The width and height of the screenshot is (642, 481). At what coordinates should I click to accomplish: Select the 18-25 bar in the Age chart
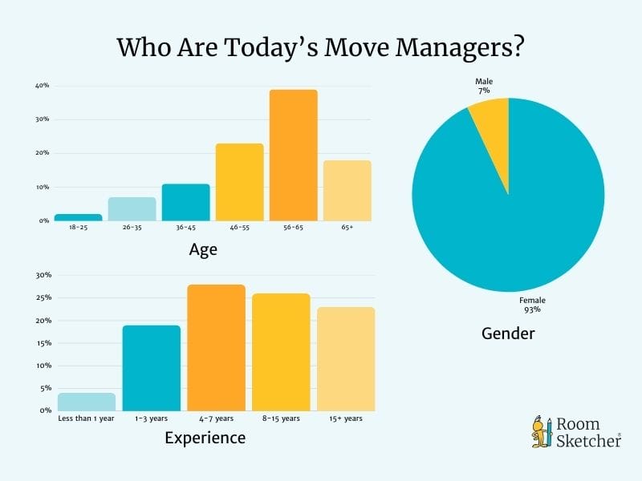(x=78, y=217)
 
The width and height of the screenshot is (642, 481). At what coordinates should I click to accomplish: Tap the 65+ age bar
(x=347, y=190)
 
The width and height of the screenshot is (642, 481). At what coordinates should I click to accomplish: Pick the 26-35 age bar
(x=132, y=208)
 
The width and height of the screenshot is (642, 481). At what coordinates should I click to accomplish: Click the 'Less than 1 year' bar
(x=87, y=401)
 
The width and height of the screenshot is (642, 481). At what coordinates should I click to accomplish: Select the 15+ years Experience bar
(x=346, y=358)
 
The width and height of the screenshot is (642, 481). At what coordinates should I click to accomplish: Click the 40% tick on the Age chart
(x=42, y=86)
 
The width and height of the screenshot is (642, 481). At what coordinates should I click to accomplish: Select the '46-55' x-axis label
(x=239, y=229)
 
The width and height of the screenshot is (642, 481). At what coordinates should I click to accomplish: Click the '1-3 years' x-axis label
(x=152, y=418)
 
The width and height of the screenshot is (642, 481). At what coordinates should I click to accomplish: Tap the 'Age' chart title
(x=203, y=249)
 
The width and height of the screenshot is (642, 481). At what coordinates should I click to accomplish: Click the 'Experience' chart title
(x=205, y=438)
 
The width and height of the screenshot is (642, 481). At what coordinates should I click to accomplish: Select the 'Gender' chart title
(x=508, y=333)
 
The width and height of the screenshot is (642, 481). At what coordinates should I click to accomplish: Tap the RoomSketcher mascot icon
(x=540, y=431)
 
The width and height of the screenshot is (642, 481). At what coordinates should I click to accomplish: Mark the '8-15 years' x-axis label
(x=281, y=418)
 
